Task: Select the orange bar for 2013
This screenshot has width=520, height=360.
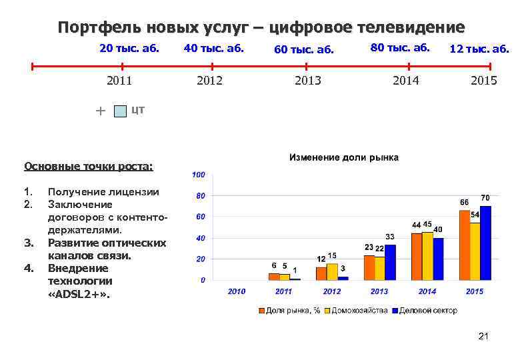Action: [x=369, y=267]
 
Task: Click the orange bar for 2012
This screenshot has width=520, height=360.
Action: [x=321, y=273]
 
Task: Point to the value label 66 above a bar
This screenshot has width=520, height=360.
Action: [x=465, y=201]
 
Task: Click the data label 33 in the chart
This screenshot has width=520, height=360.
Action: [x=391, y=237]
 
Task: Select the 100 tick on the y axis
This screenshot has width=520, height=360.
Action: [x=198, y=175]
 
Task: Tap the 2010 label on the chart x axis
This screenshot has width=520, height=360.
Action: [x=237, y=291]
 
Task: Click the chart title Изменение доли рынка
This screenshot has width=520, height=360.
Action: [x=343, y=158]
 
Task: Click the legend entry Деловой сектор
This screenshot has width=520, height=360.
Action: [x=427, y=311]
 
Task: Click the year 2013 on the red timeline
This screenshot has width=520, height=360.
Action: [x=307, y=81]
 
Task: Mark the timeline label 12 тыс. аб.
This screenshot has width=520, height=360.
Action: [x=479, y=49]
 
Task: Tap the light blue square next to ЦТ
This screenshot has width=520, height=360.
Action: [x=119, y=111]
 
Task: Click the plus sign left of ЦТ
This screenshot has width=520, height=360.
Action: [x=100, y=111]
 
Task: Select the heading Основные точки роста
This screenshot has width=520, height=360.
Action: [x=88, y=166]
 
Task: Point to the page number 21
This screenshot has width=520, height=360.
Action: [x=484, y=337]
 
